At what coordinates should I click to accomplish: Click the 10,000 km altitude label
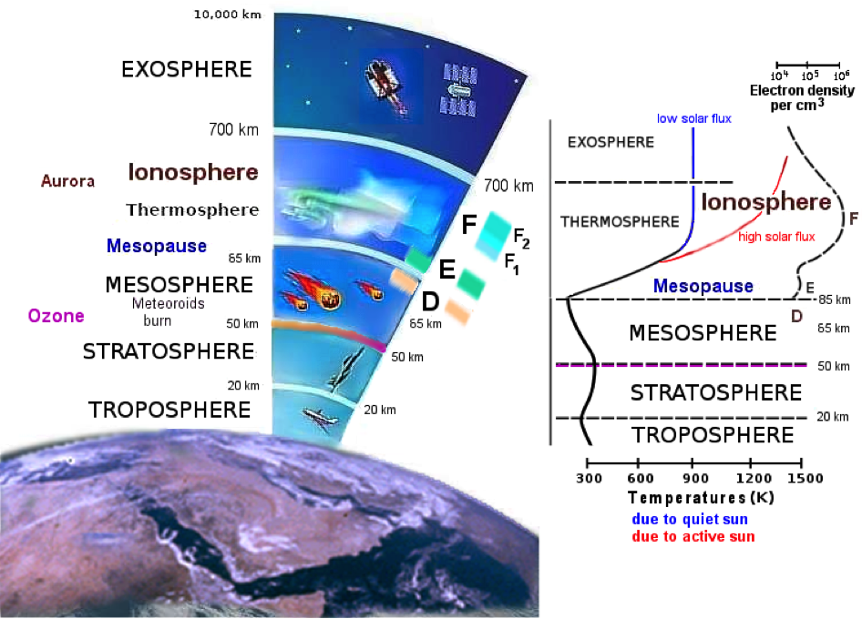[x=227, y=15]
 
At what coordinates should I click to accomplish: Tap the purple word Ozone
[x=56, y=316]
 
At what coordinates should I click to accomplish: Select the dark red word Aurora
[x=67, y=181]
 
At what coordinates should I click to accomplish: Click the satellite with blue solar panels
[x=459, y=89]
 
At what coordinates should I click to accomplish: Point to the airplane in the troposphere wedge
[x=320, y=418]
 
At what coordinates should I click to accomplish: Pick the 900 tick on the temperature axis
[x=693, y=463]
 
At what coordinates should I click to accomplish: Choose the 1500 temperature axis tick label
[x=806, y=479]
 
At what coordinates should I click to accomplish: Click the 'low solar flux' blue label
[x=693, y=118]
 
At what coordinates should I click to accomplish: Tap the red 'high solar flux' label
[x=776, y=237]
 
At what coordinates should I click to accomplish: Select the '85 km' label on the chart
[x=835, y=299]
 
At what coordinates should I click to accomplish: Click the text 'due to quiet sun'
[x=690, y=519]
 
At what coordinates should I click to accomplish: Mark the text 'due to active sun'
[x=693, y=536]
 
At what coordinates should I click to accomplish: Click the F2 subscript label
[x=521, y=238]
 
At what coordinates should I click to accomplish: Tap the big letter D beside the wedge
[x=430, y=301]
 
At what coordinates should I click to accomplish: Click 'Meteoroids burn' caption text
[x=167, y=312]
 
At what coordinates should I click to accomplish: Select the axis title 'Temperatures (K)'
[x=701, y=498]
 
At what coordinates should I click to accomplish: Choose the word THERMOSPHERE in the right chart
[x=620, y=222]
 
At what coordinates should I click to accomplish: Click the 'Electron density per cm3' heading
[x=802, y=97]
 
